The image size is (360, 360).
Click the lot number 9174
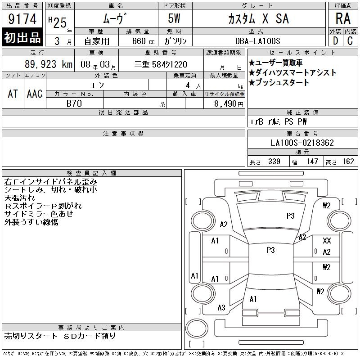pyautogui.click(x=22, y=19)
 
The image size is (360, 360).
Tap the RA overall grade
pyautogui.click(x=343, y=18)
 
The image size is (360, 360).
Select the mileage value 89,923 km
pyautogui.click(x=49, y=64)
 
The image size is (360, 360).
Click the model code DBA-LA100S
pyautogui.click(x=257, y=41)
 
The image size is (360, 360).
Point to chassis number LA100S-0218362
pyautogui.click(x=302, y=143)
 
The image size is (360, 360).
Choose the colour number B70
pyautogui.click(x=74, y=103)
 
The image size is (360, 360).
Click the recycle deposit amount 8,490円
pyautogui.click(x=229, y=104)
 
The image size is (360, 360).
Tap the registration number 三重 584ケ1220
pyautogui.click(x=161, y=64)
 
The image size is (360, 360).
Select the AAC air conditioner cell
pyautogui.click(x=35, y=94)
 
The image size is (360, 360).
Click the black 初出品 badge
pyautogui.click(x=22, y=37)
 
